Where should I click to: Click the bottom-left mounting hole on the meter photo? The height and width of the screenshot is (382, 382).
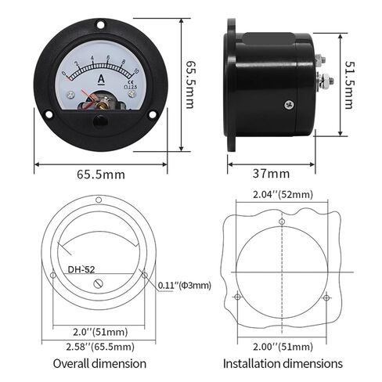[49, 121]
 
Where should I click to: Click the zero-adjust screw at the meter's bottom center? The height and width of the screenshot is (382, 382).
[101, 122]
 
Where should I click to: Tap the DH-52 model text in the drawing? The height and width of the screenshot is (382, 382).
[81, 269]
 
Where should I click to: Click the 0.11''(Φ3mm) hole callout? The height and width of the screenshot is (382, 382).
[185, 285]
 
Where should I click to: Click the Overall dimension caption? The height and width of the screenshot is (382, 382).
[99, 364]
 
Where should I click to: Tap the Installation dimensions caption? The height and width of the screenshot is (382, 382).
[283, 364]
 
